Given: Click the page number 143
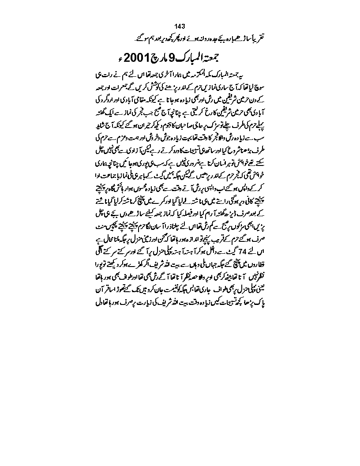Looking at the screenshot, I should coord(180,26).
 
